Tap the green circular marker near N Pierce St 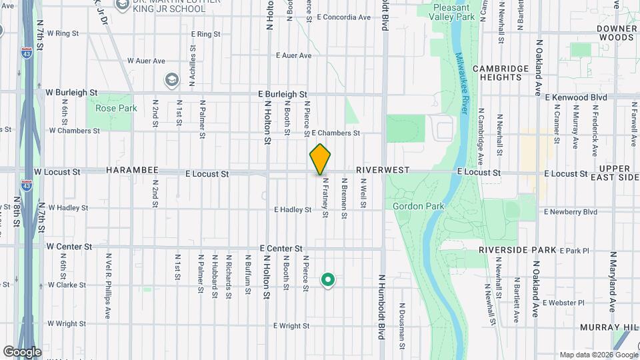point(327,280)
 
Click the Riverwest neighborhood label point(382,171)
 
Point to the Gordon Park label point(418,207)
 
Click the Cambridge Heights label point(497,73)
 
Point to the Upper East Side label point(619,173)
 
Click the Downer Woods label point(617,33)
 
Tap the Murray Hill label point(609,327)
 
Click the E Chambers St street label point(335,133)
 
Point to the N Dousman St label point(402,321)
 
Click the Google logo point(22,352)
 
